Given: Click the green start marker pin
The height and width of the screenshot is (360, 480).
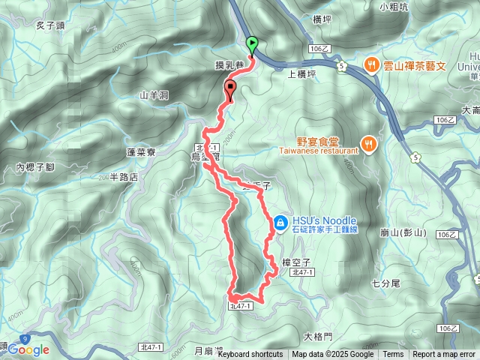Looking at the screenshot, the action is [252, 44].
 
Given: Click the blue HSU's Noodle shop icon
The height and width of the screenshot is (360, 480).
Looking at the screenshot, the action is [280, 222].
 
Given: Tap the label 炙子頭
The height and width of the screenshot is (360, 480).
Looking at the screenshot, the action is [50, 25].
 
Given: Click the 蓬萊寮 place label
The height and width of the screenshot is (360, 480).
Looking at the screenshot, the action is [140, 151].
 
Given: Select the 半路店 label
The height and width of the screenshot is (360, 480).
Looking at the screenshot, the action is [124, 177].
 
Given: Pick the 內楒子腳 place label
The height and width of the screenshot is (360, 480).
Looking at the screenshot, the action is [35, 166].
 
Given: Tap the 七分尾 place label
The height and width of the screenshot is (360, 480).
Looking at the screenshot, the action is [386, 283].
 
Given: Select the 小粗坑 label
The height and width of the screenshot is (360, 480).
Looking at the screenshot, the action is [394, 7].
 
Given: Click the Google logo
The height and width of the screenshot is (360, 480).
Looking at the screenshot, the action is [28, 349].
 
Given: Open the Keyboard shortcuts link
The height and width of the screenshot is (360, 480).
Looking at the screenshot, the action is [250, 355].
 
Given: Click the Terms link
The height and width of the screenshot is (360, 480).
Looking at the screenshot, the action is [393, 355].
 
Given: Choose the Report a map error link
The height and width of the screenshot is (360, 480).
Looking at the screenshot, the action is [444, 355].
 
